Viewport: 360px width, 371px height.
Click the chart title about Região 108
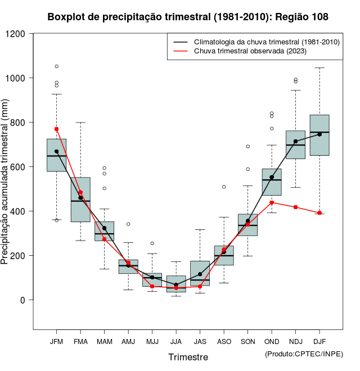tap(188, 17)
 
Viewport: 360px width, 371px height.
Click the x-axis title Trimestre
tap(188, 357)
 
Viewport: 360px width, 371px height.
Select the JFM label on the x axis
tap(56, 342)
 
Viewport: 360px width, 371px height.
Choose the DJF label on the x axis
tap(319, 342)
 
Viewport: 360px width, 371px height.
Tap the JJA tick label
tap(176, 342)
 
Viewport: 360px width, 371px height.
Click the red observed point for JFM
tap(56, 129)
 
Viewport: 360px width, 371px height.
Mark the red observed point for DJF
tap(319, 213)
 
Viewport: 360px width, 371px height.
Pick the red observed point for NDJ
tap(295, 207)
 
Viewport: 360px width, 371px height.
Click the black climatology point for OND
tap(272, 178)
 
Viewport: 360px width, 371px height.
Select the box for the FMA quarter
tap(80, 200)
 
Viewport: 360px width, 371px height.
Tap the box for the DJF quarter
tap(319, 135)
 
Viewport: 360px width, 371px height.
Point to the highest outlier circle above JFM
tap(56, 66)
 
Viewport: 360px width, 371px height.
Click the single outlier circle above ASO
tap(224, 187)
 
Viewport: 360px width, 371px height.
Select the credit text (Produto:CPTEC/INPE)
tap(304, 354)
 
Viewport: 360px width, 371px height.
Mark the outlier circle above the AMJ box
tap(128, 224)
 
